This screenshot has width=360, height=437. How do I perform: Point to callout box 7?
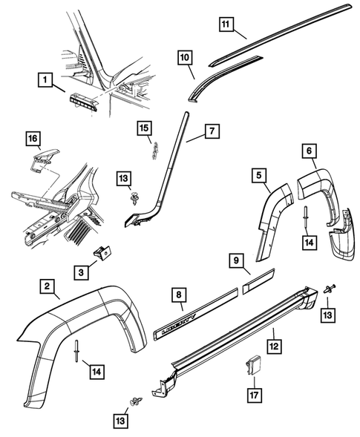pyautogui.click(x=212, y=133)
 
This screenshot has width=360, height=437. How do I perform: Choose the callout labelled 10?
pyautogui.click(x=185, y=56)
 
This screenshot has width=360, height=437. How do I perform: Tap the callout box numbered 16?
pyautogui.click(x=33, y=138)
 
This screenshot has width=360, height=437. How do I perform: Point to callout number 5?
pyautogui.click(x=260, y=176)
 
